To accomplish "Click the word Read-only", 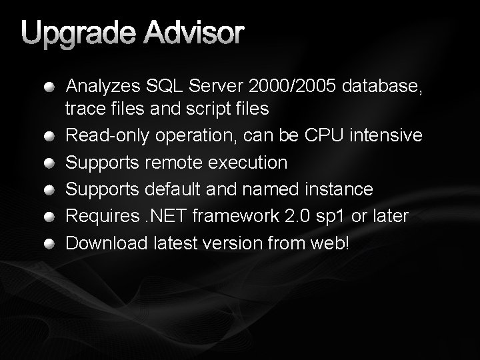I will [x=107, y=135].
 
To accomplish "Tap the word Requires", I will [x=97, y=217].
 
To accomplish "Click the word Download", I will [x=106, y=243].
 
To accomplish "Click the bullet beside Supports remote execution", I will [x=51, y=163].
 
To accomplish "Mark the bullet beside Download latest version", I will [x=51, y=243].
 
